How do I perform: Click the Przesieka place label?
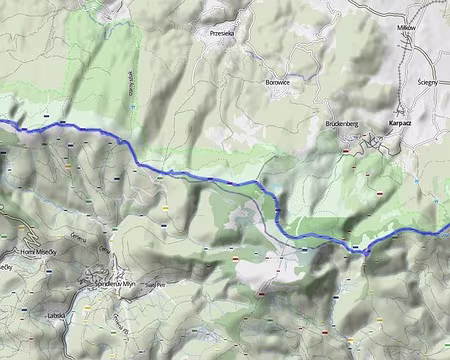222,33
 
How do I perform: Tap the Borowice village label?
278,82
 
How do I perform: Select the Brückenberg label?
341,123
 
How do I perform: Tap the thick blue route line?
200,177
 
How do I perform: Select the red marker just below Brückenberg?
345,150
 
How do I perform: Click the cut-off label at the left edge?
6,267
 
